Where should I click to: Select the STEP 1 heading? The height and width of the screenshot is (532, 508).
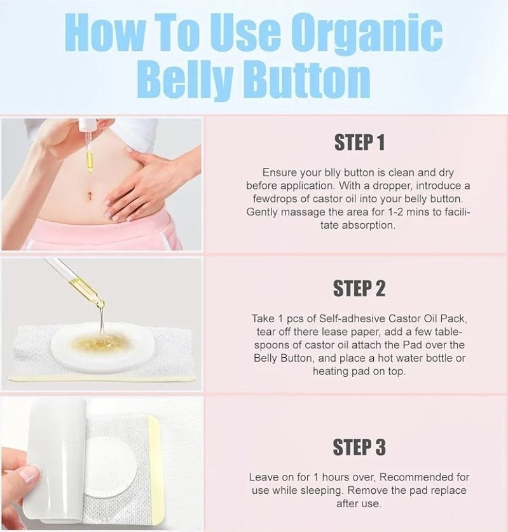pyautogui.click(x=359, y=142)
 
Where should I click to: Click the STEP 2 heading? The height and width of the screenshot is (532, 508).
pyautogui.click(x=359, y=289)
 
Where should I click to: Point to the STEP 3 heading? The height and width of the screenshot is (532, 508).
pyautogui.click(x=359, y=447)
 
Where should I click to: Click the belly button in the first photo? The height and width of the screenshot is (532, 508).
pyautogui.click(x=90, y=196)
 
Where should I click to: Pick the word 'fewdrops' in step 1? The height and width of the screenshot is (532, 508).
pyautogui.click(x=275, y=199)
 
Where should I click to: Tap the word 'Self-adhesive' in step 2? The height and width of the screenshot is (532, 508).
pyautogui.click(x=352, y=318)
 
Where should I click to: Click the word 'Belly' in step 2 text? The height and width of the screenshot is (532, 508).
pyautogui.click(x=266, y=358)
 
